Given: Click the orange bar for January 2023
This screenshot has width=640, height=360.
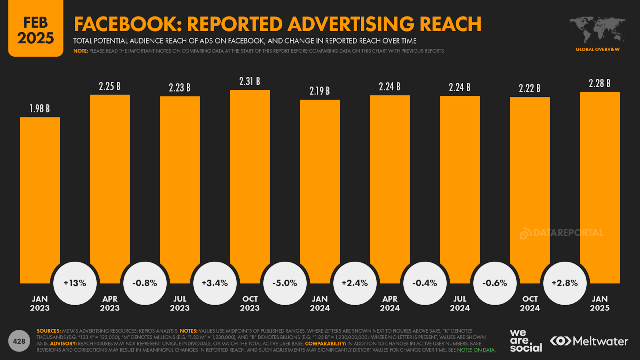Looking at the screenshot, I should click(40, 200).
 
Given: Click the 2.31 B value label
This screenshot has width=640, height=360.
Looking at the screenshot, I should click(250, 81).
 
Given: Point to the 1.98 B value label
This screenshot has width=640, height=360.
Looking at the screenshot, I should click(40, 108).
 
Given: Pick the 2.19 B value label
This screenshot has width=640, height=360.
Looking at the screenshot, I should click(320, 91).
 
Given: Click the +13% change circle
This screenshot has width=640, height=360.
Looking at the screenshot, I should click(75, 283).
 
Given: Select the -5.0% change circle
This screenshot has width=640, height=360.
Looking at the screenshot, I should click(285, 283).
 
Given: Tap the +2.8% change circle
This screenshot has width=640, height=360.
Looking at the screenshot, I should click(565, 283).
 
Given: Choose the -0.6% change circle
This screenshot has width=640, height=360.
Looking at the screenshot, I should click(495, 283).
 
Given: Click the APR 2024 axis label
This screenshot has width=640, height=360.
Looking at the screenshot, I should click(390, 303).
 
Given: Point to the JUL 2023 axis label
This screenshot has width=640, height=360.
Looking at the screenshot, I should click(180, 303).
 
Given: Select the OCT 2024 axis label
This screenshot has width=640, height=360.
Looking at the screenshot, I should click(530, 303).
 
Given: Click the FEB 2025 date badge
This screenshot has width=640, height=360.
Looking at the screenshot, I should click(36, 30).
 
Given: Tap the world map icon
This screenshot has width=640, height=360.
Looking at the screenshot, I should click(598, 30).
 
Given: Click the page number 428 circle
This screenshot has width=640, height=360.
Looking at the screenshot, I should click(19, 341).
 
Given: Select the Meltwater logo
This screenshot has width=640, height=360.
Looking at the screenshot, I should click(589, 341).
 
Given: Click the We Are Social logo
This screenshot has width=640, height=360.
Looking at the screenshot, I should click(526, 341).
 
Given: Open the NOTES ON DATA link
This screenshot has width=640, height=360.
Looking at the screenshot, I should click(476, 350).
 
